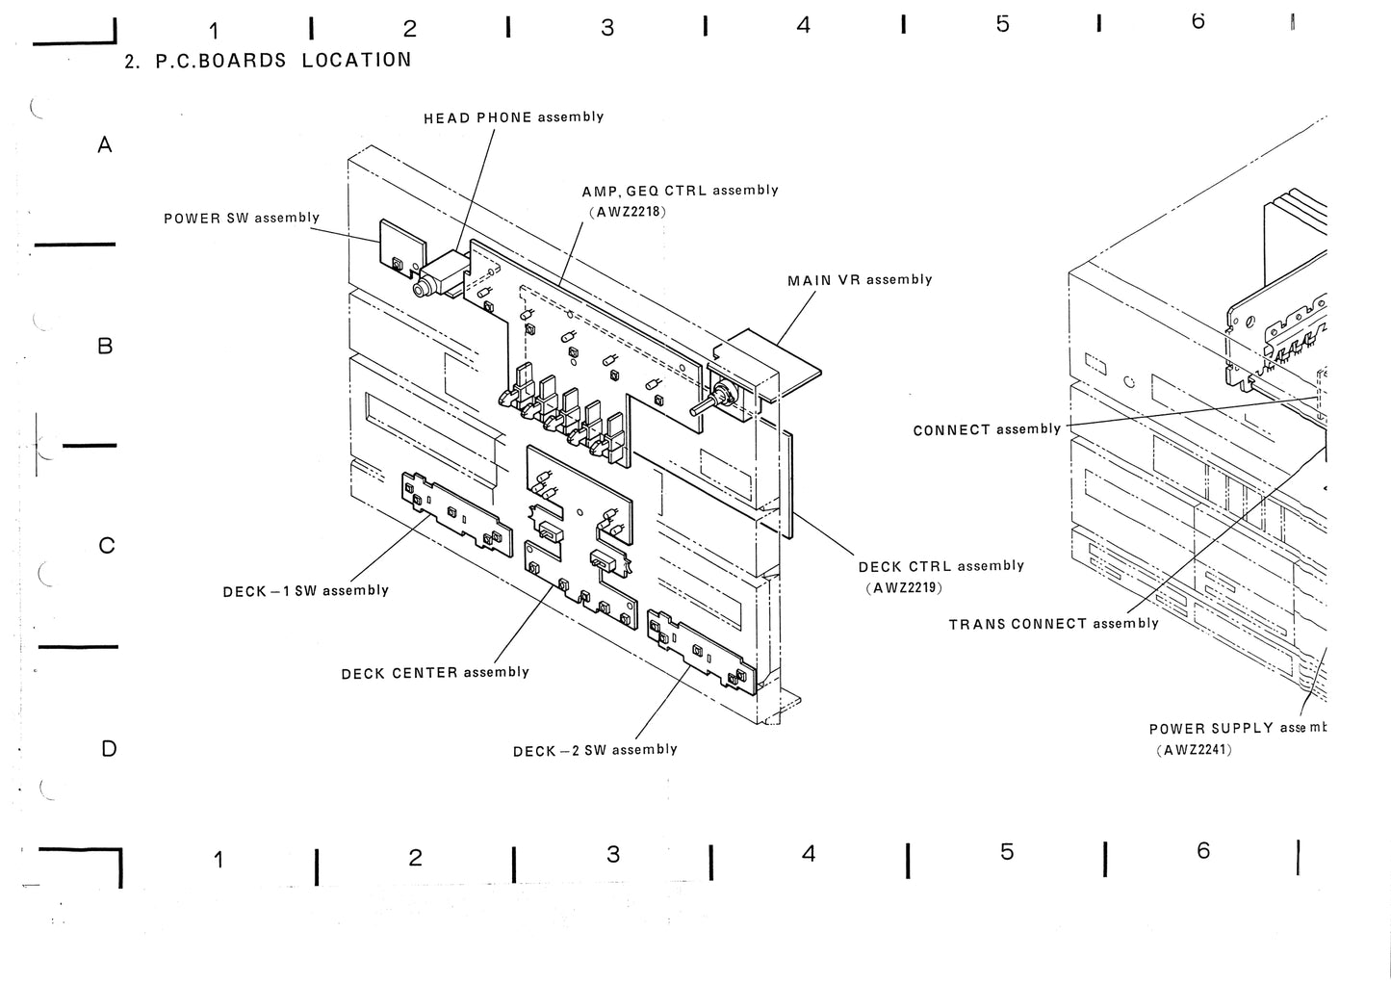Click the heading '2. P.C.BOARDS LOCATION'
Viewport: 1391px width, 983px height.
point(269,61)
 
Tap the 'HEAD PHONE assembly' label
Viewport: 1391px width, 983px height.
point(514,117)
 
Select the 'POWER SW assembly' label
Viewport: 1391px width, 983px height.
point(242,218)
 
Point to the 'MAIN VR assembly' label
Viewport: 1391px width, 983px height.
point(860,280)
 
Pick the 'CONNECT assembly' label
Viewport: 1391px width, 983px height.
point(987,429)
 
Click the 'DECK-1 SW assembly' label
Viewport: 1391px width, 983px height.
point(305,590)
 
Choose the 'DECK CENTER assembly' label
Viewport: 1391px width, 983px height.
point(435,672)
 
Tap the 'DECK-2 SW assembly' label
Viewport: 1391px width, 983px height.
point(595,750)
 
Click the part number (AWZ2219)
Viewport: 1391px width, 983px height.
point(903,587)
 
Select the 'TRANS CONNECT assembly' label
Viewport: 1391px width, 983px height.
point(1054,624)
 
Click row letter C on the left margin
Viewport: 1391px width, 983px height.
point(107,546)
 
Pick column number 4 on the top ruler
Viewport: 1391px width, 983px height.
point(803,26)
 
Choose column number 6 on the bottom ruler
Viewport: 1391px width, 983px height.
point(1203,851)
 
